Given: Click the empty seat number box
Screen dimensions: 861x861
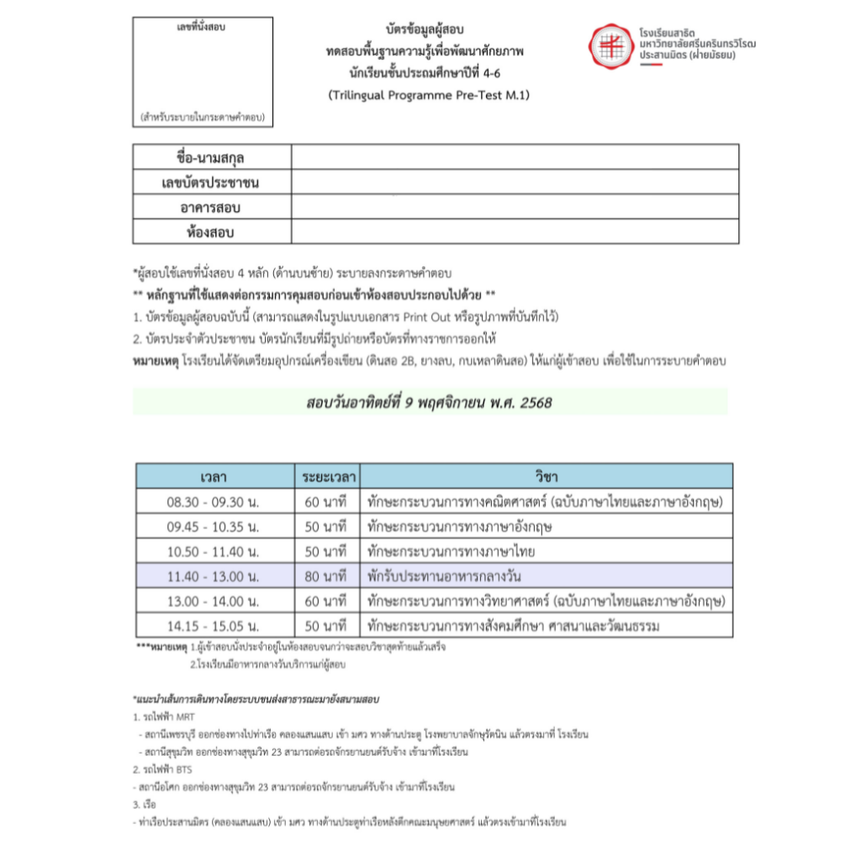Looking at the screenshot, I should [203, 72].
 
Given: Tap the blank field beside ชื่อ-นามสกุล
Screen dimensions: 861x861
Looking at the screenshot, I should [515, 157].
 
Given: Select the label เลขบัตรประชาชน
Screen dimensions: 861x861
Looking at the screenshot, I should [211, 182].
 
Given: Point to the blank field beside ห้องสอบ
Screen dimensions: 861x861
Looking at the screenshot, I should [515, 232].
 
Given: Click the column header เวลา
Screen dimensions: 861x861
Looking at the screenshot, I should [214, 477].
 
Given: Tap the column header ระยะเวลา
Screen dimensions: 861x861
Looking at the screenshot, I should [326, 477].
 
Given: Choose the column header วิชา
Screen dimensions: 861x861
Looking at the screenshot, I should [546, 477].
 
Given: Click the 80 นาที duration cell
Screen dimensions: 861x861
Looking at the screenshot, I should [326, 577].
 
